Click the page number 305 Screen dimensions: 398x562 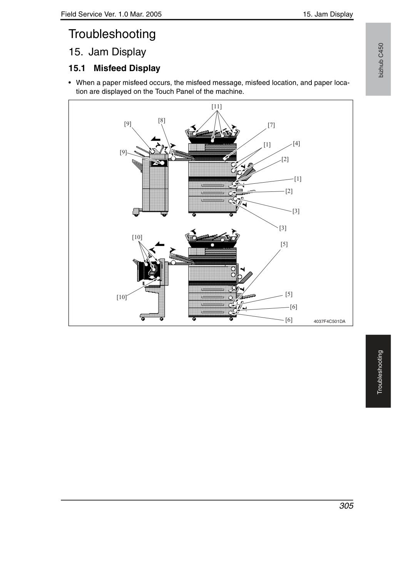pos(346,505)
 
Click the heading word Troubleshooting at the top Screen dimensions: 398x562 pos(112,34)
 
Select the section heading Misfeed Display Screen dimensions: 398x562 pos(127,68)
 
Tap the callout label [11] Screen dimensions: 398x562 pos(217,106)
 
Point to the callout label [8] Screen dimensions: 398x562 pos(162,121)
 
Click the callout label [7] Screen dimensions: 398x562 pos(271,125)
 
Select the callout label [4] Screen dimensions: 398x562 pos(296,143)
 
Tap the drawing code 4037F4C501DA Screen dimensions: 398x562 pos(329,321)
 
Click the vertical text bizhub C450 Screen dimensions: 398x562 pos(381,60)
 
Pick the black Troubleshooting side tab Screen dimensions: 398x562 pos(378,371)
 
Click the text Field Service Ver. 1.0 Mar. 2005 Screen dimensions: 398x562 pos(111,14)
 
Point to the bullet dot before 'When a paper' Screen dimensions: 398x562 pos(70,83)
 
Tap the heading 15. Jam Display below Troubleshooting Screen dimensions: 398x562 pos(107,52)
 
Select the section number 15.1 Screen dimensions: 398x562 pos(77,68)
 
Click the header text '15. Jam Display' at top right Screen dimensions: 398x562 pos(328,14)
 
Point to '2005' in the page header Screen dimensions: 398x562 pos(154,14)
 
